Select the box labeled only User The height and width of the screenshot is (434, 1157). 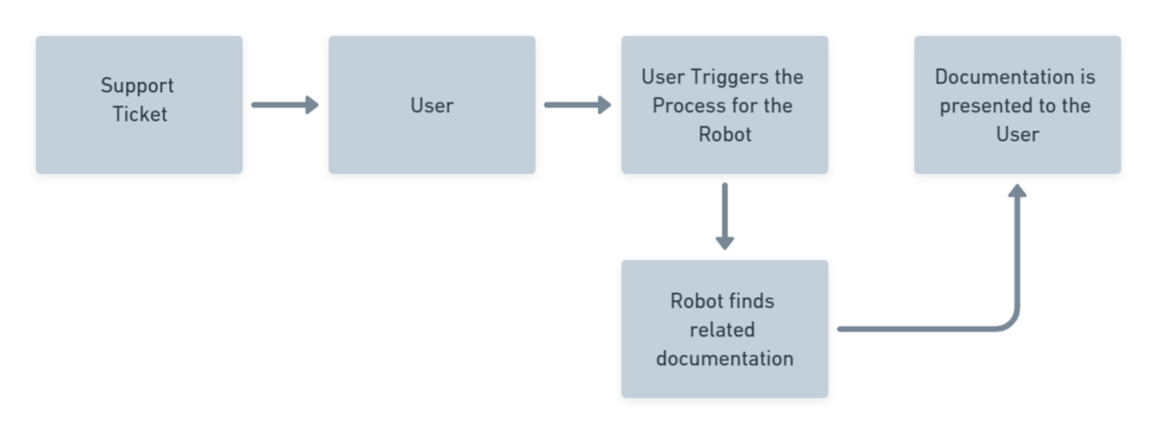pos(432,105)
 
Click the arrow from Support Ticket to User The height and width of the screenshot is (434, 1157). pos(284,105)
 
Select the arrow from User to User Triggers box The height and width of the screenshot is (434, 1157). pos(577,105)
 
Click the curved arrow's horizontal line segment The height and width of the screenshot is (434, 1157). pos(919,329)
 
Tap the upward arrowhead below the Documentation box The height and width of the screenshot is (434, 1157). pos(1017,192)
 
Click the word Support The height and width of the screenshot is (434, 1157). pos(138,85)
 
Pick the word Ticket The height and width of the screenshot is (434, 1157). pos(140,114)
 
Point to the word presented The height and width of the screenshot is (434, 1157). pos(980,105)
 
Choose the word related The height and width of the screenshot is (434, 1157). pos(724,330)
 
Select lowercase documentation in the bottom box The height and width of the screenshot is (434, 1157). pos(724,358)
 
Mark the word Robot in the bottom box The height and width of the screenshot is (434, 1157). pos(696,301)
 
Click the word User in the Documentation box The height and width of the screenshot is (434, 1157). pos(1017,134)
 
